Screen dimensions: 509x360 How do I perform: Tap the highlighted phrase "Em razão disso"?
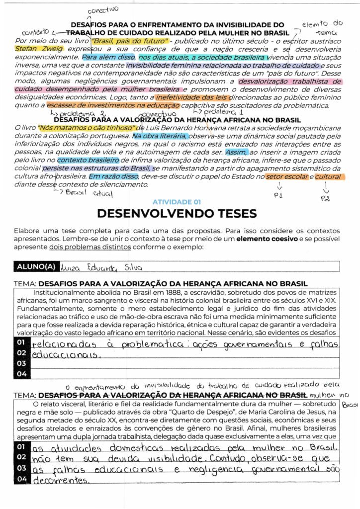coord(114,176)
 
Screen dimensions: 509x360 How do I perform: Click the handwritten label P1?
coord(278,195)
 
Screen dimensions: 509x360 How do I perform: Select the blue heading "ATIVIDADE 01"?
coord(177,202)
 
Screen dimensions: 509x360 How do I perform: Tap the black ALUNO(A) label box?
coord(36,266)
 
